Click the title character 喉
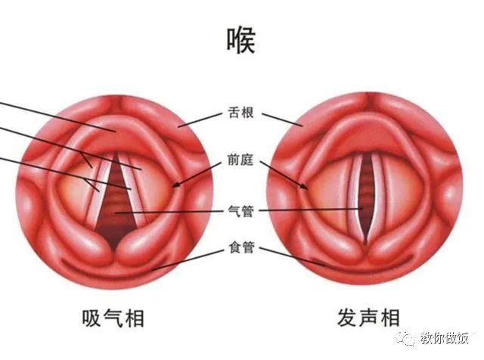pyautogui.click(x=241, y=40)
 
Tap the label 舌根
pyautogui.click(x=240, y=113)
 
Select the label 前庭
pyautogui.click(x=240, y=160)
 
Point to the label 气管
pyautogui.click(x=240, y=211)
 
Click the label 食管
pyautogui.click(x=241, y=247)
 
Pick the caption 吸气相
pyautogui.click(x=113, y=318)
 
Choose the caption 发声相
pyautogui.click(x=368, y=318)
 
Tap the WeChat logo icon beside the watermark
pyautogui.click(x=406, y=339)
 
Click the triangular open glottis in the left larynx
pyautogui.click(x=116, y=203)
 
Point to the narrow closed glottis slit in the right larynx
pyautogui.click(x=366, y=197)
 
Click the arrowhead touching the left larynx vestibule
pyautogui.click(x=175, y=185)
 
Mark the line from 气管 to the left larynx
pyautogui.click(x=169, y=212)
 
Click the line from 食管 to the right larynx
pyautogui.click(x=292, y=256)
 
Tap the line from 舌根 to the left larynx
pyautogui.click(x=200, y=119)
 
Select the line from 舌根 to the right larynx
pyautogui.click(x=282, y=119)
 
